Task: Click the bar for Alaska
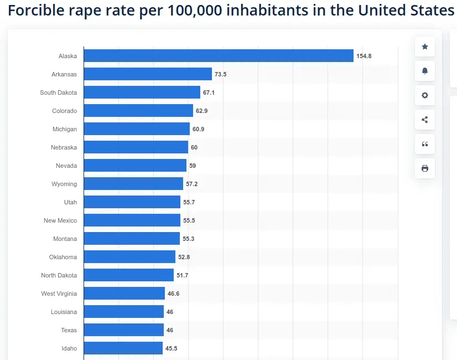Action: [219, 56]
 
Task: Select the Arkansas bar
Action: [148, 74]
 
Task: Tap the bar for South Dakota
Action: [142, 92]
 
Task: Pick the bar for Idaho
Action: [123, 348]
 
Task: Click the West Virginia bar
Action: [124, 294]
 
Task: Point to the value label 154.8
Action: [363, 56]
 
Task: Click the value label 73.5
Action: [220, 74]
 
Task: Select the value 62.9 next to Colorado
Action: [201, 111]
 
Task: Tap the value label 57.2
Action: [191, 184]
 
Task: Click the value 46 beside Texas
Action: [170, 330]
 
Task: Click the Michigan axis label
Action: [65, 129]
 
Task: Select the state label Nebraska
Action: [64, 147]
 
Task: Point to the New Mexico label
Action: [60, 220]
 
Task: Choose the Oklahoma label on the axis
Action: [63, 257]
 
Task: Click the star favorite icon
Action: [425, 47]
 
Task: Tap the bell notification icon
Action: [425, 71]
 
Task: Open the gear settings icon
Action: [425, 95]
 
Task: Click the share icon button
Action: [425, 120]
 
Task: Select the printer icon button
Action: [425, 168]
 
